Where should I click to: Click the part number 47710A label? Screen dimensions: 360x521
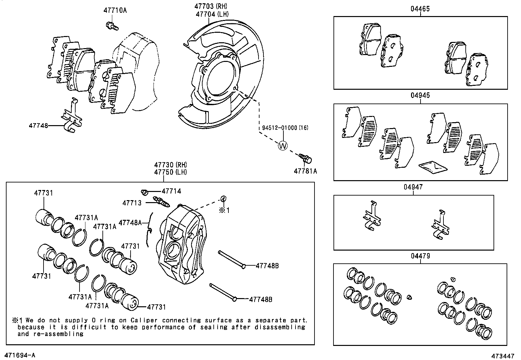point(115,10)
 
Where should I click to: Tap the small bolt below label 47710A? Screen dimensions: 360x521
point(111,26)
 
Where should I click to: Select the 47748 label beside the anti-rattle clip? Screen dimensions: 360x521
point(38,125)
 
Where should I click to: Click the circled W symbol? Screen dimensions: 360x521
point(282,146)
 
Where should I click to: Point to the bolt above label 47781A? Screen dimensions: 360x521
point(306,159)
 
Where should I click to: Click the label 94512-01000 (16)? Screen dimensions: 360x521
point(285,128)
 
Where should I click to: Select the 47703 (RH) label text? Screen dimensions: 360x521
point(211,6)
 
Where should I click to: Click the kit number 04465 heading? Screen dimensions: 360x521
point(420,9)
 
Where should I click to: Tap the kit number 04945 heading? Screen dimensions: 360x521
point(420,96)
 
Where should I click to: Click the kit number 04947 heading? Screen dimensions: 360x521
point(413,187)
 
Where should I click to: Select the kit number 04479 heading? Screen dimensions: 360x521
point(420,256)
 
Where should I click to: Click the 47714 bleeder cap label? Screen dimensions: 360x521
point(171,191)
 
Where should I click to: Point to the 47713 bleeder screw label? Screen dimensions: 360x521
point(132,203)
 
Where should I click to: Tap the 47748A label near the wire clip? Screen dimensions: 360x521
point(130,223)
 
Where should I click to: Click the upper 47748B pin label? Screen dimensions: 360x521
point(267,266)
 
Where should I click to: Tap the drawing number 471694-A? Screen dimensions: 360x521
point(19,355)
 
